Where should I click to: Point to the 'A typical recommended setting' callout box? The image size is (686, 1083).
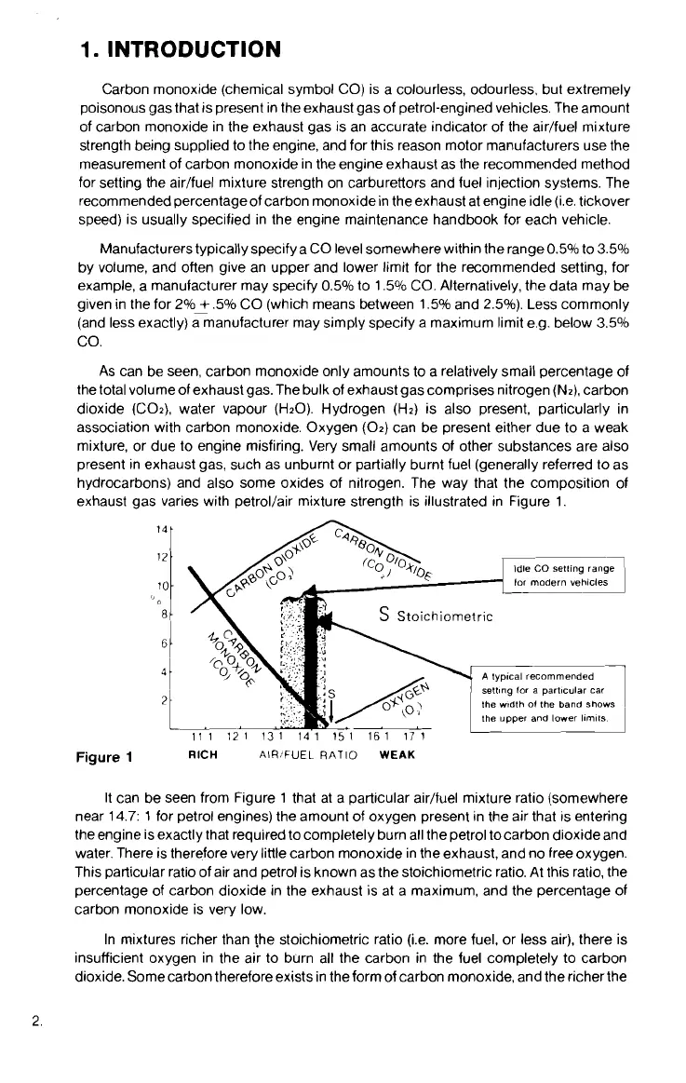tap(550, 697)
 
